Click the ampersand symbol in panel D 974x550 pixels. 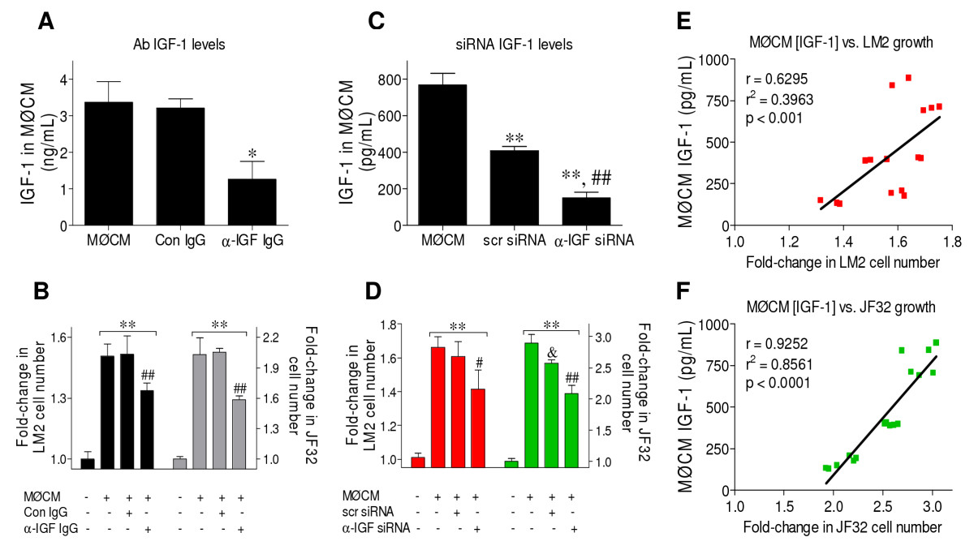tap(551, 353)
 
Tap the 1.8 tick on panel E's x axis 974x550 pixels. tap(951, 241)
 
